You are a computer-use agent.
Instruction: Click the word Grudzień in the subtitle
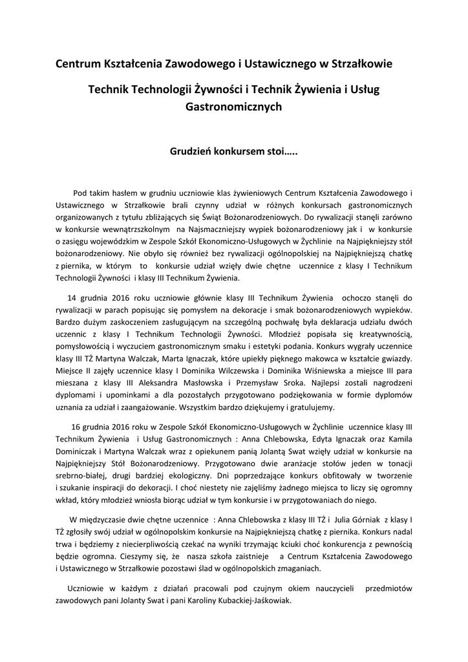click(191, 153)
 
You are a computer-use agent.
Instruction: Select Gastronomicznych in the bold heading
click(234, 107)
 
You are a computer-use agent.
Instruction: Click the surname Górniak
click(364, 520)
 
